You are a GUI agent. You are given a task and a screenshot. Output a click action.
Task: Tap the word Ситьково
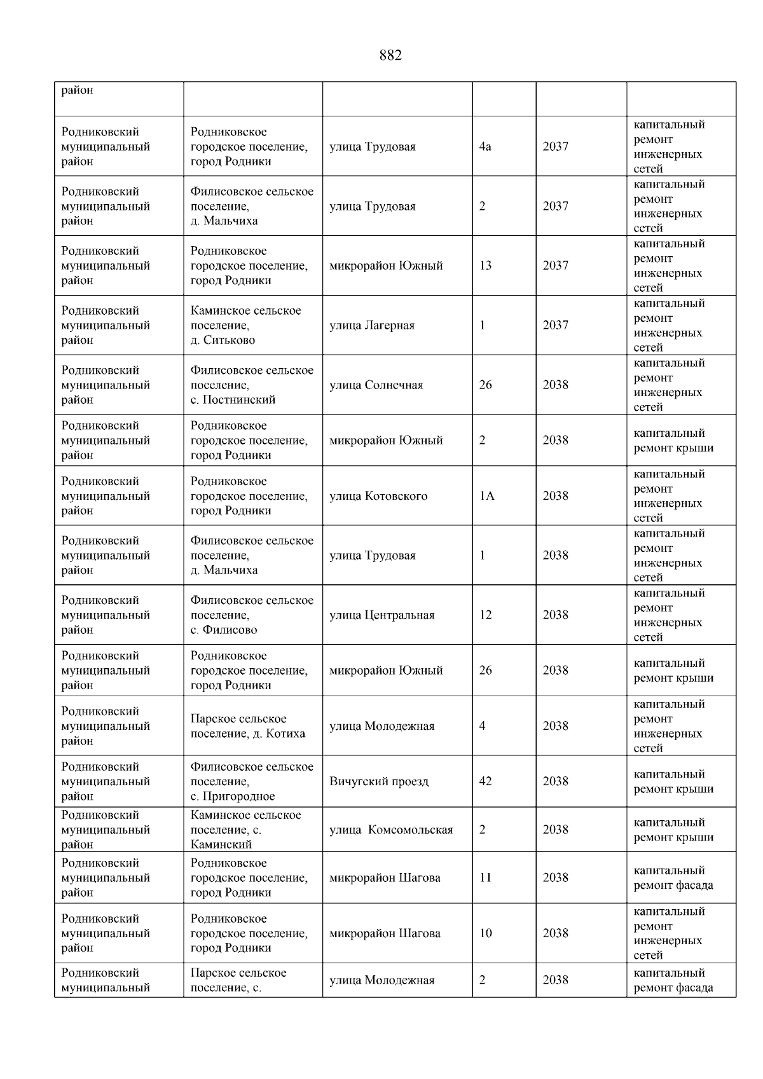coord(230,340)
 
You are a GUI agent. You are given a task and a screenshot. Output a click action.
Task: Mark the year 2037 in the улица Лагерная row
coord(556,326)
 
